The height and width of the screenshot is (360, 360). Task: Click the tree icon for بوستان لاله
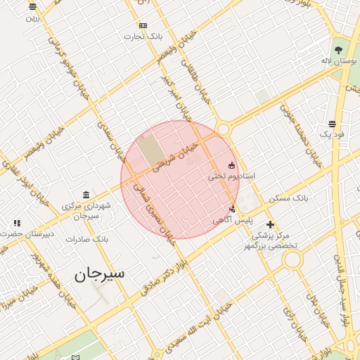[x=339, y=50]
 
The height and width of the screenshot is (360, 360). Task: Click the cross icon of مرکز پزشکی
[x=270, y=224]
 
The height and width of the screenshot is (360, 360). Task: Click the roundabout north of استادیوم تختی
[x=224, y=129]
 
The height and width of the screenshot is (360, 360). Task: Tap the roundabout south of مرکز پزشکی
[x=292, y=260]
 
